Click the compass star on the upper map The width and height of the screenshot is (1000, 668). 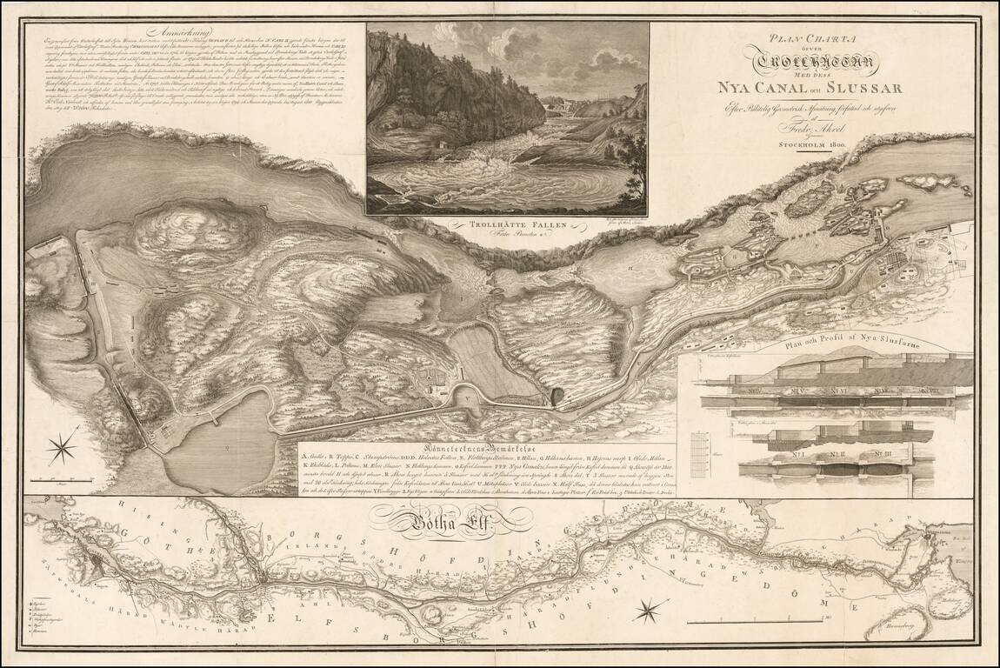click(63, 449)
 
